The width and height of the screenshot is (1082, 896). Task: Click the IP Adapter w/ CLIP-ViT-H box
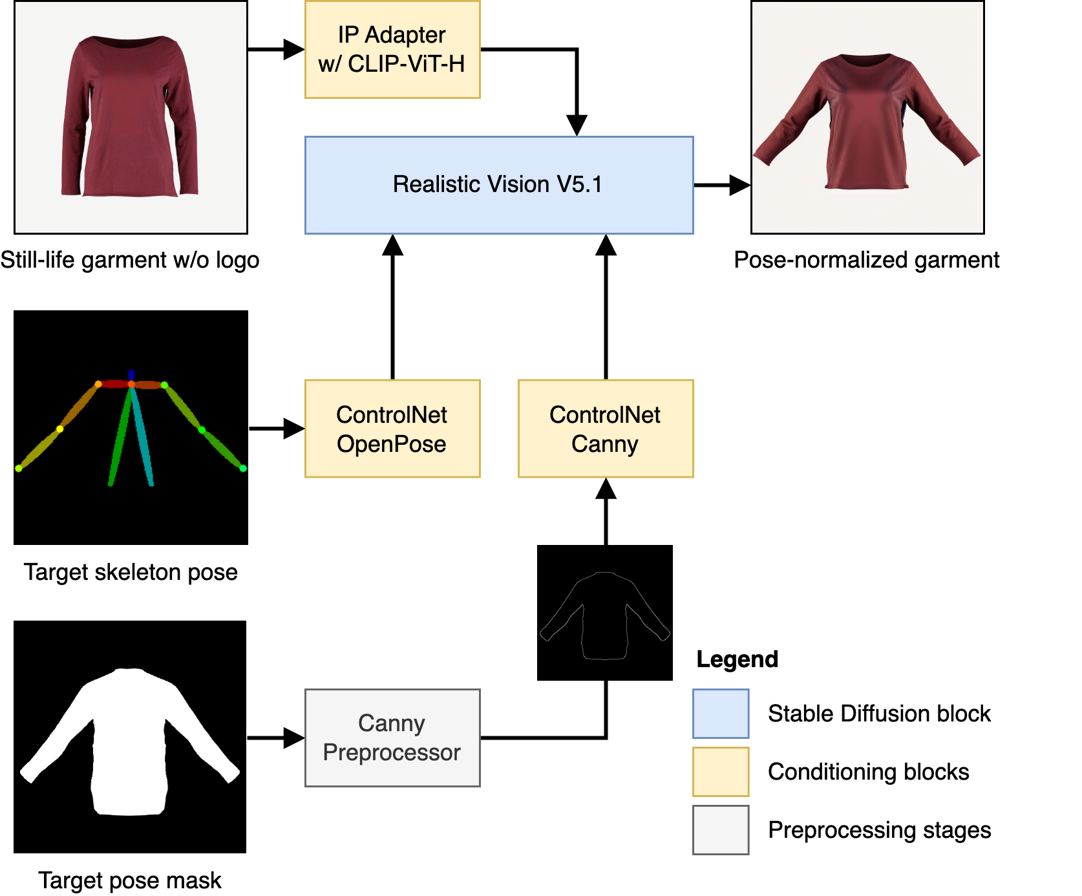[x=392, y=50]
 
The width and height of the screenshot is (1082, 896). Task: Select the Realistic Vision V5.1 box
[x=498, y=185]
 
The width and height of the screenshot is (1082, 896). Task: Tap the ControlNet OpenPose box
[x=392, y=429]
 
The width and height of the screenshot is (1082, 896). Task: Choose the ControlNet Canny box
[x=605, y=429]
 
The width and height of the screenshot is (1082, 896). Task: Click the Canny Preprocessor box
[x=392, y=738]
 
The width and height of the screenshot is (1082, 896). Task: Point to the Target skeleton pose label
[x=132, y=573]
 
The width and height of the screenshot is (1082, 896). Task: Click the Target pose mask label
[x=131, y=881]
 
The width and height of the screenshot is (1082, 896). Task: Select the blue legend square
[x=721, y=714]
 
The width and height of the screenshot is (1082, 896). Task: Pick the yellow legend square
[x=721, y=772]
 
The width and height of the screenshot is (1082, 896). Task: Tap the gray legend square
[x=721, y=830]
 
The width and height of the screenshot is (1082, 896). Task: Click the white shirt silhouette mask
[x=130, y=743]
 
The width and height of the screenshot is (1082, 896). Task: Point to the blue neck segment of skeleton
[x=131, y=375]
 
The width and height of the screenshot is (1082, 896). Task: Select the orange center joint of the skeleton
[x=131, y=385]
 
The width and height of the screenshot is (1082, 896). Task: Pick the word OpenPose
[x=392, y=444]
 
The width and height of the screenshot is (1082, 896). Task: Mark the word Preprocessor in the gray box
[x=392, y=752]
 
